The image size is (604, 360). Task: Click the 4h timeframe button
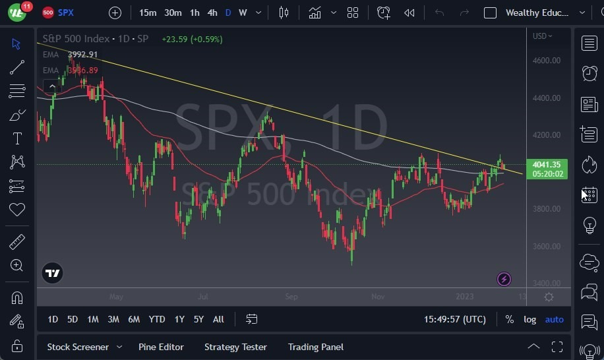coord(212,13)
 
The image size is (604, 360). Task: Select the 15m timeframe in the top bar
coord(148,13)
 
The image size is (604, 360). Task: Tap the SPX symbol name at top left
coord(65,13)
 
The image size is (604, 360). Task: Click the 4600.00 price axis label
coord(546,61)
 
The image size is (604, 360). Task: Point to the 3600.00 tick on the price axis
coord(546,247)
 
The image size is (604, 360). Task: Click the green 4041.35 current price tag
coord(547,165)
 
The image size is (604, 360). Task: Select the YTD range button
coord(157,319)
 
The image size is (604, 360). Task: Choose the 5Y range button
coord(198,319)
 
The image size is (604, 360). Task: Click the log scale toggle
coord(529,319)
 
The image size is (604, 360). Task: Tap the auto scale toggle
coord(554,319)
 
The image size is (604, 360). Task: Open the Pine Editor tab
coord(161,347)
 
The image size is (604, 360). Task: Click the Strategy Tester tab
coord(235,347)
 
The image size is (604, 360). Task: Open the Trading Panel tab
coord(315,347)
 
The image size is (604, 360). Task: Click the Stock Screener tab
coord(78,347)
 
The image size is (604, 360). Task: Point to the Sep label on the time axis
coord(291,297)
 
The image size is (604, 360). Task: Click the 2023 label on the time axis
coord(464,297)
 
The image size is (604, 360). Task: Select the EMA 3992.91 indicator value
coord(82,55)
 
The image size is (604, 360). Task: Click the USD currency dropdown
coord(542,36)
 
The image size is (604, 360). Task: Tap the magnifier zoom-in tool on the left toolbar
coord(17,265)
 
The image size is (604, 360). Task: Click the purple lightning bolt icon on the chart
coord(504,280)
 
